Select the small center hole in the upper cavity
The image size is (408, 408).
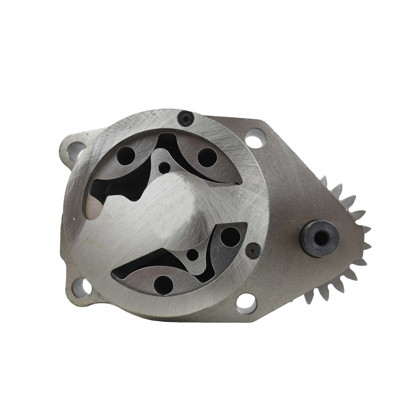(x=164, y=166)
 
